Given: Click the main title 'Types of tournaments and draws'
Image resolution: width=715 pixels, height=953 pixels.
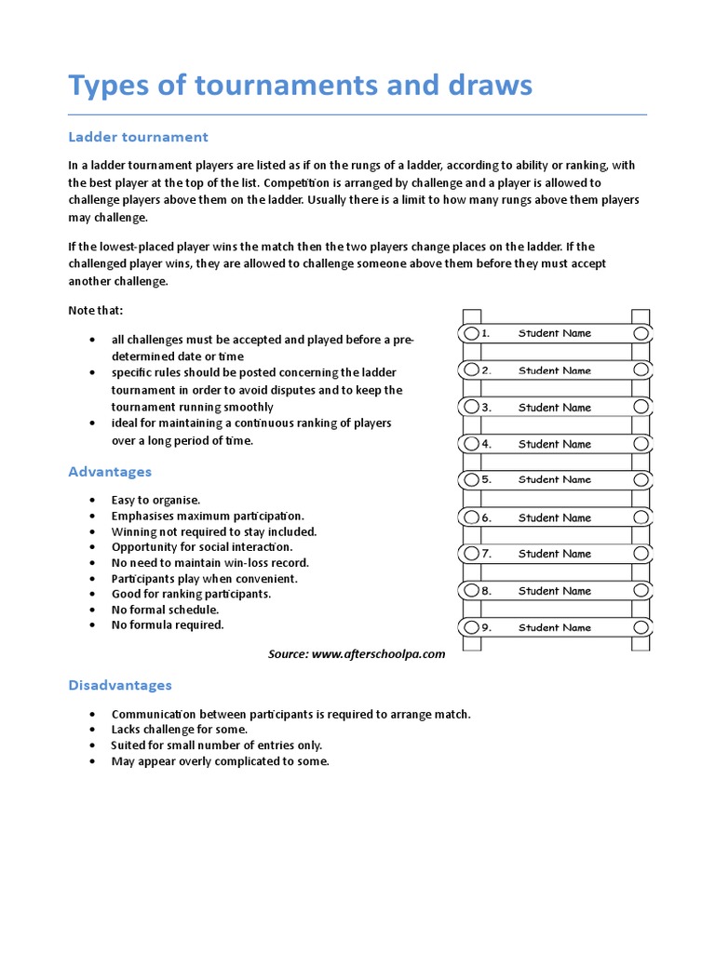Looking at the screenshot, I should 300,86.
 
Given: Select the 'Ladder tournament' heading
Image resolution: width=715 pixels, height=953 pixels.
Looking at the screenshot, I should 138,137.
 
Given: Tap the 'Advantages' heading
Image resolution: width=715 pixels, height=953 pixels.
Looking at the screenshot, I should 110,472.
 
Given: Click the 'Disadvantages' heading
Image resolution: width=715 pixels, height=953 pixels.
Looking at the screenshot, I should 120,685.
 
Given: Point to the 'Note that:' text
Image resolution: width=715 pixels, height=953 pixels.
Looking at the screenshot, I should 95,310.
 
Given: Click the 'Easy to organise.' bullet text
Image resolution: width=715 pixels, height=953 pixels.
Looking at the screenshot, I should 155,500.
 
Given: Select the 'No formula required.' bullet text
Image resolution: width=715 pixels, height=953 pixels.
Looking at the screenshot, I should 168,624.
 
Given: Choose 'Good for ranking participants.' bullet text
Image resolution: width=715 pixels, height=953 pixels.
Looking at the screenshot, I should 191,594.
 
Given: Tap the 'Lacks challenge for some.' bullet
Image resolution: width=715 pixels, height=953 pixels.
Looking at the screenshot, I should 179,730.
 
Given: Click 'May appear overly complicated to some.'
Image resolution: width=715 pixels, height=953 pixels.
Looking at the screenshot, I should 220,761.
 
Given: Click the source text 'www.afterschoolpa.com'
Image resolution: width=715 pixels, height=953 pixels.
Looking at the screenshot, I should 378,654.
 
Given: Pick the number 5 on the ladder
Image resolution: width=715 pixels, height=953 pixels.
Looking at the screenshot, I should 486,480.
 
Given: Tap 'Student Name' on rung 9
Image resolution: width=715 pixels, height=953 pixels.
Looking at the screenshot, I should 555,628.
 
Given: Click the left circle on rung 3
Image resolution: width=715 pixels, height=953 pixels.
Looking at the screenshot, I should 471,408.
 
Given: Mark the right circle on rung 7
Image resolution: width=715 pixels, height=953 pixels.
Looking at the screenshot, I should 641,554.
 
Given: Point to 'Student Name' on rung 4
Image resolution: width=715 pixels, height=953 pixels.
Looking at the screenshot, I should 555,444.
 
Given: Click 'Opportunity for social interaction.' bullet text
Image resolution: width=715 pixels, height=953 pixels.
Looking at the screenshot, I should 201,547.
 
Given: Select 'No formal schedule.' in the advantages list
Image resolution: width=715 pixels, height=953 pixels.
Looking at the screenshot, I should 165,610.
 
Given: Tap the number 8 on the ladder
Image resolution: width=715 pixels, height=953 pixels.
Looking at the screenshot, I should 486,591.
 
